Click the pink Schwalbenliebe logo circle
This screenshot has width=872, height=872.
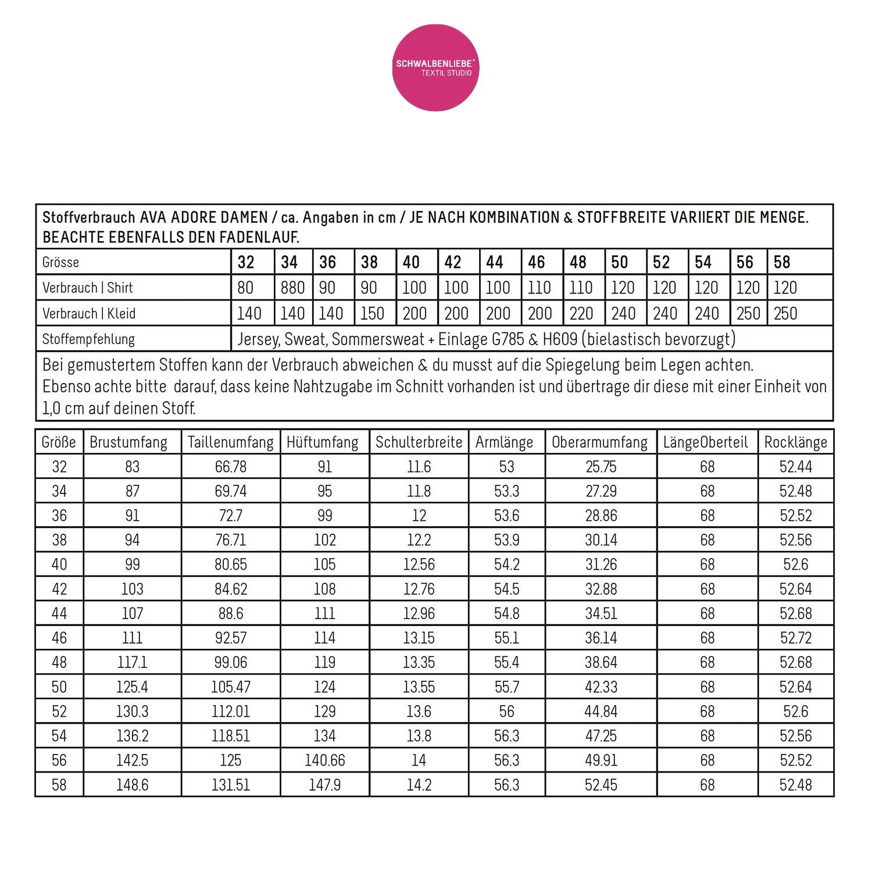(435, 67)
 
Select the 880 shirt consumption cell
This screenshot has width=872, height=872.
(292, 288)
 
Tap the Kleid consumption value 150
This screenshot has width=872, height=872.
(372, 313)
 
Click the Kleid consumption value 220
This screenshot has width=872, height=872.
(581, 313)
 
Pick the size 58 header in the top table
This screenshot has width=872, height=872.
(782, 262)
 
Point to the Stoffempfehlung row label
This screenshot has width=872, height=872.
(88, 339)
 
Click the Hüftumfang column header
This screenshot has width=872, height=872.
(323, 442)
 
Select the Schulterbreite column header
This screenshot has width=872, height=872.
(419, 442)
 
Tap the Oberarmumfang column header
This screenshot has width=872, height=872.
(599, 442)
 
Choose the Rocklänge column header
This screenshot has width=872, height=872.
(795, 442)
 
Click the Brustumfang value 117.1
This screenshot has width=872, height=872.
(132, 662)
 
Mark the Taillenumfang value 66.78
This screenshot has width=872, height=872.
(231, 467)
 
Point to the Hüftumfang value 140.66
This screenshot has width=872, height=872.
(324, 760)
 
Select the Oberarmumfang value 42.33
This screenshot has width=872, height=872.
(601, 687)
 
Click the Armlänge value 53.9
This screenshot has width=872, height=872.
(506, 540)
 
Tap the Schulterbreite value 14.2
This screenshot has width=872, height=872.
(419, 785)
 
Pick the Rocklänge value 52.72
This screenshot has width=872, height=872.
(795, 638)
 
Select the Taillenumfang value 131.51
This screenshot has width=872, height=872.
(231, 785)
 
